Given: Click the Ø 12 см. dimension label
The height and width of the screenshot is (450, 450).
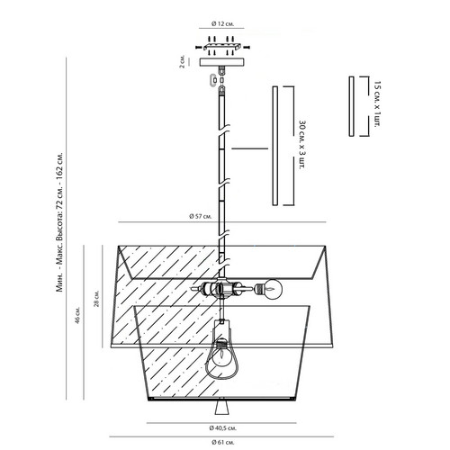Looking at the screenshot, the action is point(223,23).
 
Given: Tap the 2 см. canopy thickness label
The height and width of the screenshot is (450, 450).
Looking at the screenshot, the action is point(182,62).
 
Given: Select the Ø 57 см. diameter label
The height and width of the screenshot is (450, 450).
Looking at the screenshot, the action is point(201,216).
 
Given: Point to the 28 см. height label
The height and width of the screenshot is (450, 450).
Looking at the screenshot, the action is point(96,299).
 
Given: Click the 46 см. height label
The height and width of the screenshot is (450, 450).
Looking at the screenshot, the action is point(78,315).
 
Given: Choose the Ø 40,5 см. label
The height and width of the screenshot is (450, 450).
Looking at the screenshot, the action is point(223,428).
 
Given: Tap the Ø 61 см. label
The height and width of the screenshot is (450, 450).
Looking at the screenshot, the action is point(223,442).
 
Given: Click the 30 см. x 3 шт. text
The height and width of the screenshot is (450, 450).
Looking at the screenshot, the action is point(303,145).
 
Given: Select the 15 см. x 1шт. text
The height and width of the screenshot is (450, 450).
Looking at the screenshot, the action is point(378,103).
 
